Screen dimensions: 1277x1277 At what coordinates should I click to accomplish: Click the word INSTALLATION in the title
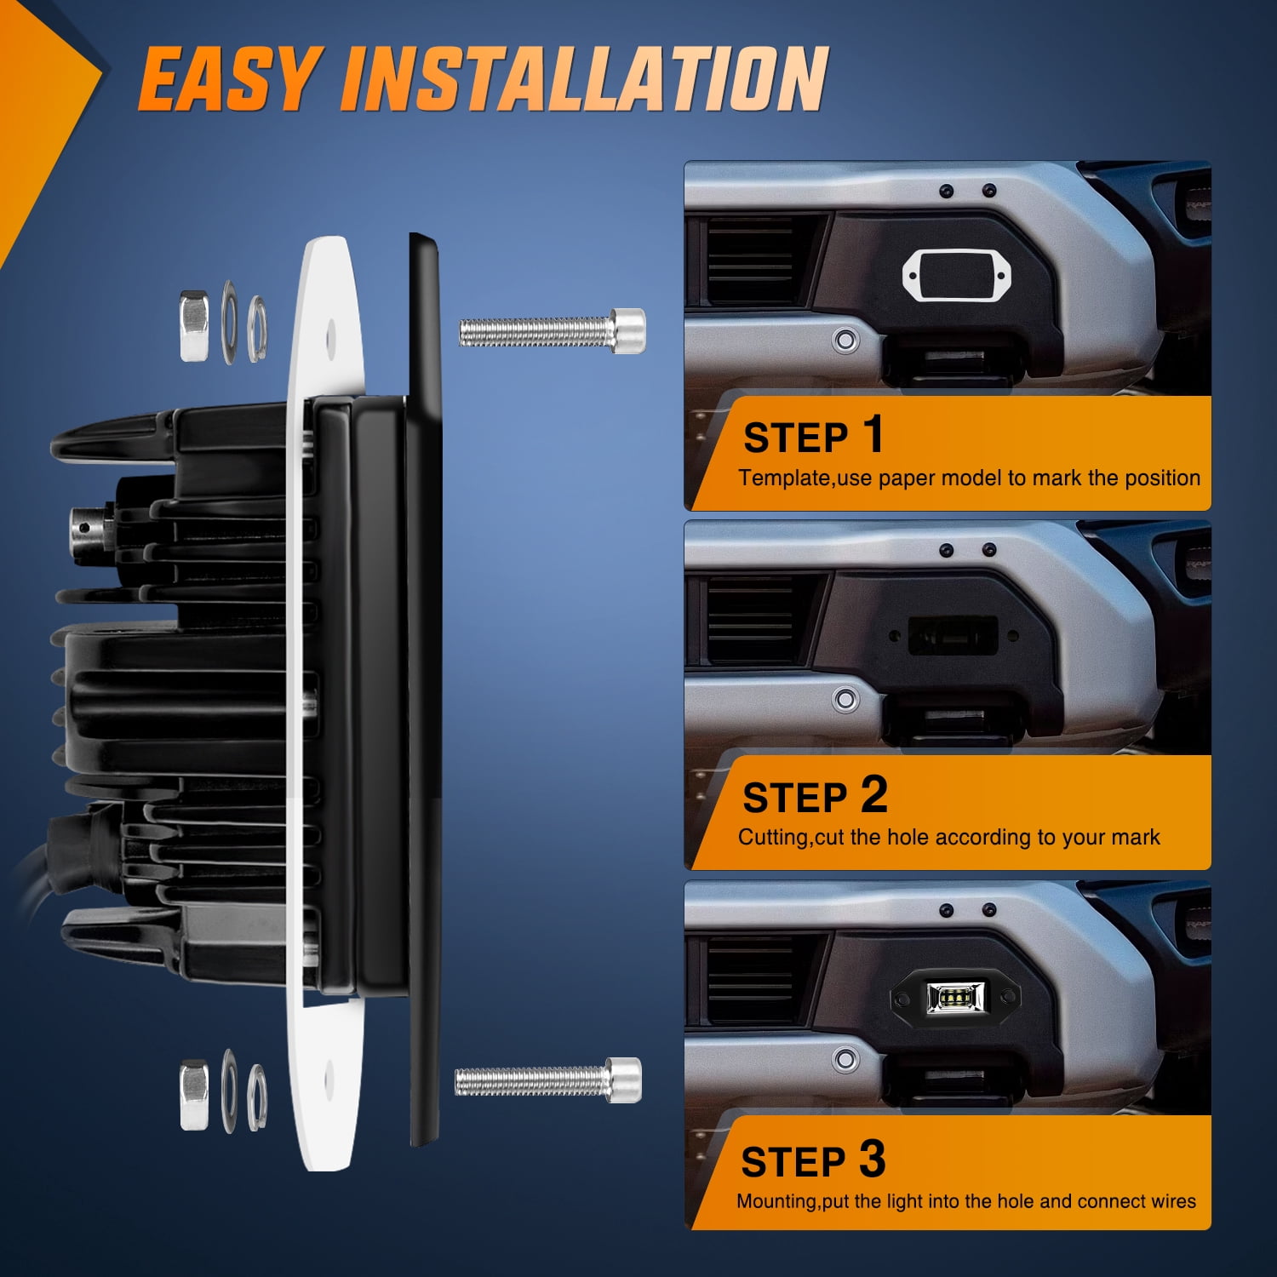coord(584,78)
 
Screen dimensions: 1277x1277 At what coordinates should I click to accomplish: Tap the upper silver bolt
coord(553,330)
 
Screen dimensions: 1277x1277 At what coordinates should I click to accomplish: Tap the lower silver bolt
coord(548,1080)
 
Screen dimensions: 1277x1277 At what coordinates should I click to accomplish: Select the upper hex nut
coord(194,325)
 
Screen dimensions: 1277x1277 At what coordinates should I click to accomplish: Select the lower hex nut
coord(194,1095)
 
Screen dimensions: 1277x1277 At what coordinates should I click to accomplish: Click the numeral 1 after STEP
coord(873,434)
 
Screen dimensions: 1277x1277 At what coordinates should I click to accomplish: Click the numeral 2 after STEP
coord(874,794)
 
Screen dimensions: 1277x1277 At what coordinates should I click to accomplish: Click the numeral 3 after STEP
coord(873,1159)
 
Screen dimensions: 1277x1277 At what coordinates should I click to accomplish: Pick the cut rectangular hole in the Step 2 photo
coord(953,635)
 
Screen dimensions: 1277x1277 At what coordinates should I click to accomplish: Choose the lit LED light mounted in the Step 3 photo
coord(955,995)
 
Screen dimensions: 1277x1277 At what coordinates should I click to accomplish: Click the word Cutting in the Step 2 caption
coord(774,838)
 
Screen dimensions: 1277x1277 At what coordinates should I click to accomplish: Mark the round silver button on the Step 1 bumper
coord(845,341)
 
